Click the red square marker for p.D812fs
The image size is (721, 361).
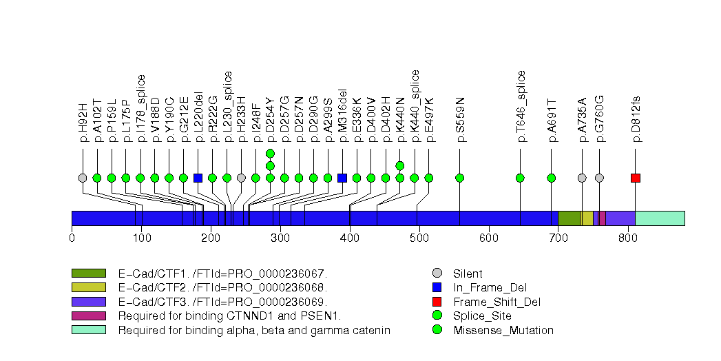tap(635, 178)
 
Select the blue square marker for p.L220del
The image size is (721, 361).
tap(198, 178)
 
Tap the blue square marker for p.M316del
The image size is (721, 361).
tap(342, 178)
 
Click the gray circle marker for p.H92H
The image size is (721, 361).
tap(83, 178)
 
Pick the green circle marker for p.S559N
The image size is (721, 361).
tap(460, 178)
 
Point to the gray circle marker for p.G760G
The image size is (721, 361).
tap(599, 178)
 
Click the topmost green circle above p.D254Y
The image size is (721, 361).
tap(270, 153)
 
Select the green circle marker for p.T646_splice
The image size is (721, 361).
tap(520, 178)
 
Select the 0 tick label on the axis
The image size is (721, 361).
tap(72, 238)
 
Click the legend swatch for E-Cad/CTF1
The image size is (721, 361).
tap(88, 274)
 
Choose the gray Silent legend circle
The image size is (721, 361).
tap(437, 274)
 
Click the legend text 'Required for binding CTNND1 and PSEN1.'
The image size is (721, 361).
tap(229, 316)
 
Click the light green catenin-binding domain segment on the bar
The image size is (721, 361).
tap(659, 218)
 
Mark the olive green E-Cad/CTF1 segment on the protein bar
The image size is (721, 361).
tap(568, 218)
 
